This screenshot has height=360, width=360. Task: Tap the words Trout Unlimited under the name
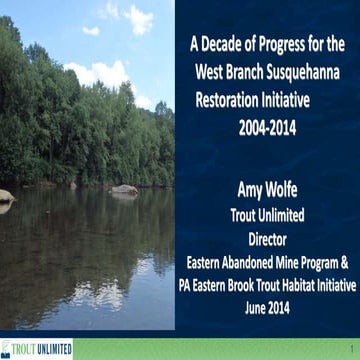[267, 214]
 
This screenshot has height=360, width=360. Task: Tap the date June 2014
[267, 309]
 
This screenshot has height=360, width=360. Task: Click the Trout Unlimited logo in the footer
[37, 349]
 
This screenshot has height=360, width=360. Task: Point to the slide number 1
[351, 350]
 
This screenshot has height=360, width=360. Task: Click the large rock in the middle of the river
[124, 188]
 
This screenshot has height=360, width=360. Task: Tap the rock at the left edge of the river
[6, 196]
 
